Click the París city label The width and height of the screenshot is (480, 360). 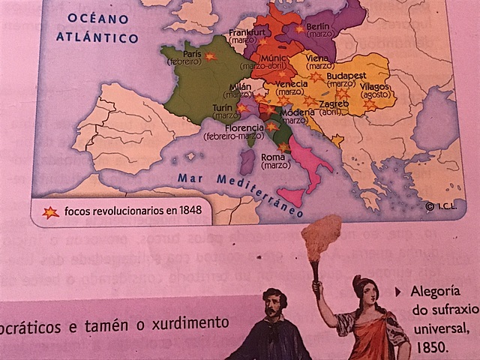(191, 54)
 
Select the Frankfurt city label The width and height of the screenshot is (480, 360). (247, 32)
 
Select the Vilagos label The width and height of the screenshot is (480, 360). (375, 87)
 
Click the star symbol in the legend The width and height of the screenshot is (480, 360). (50, 211)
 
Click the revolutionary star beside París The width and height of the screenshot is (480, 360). (210, 57)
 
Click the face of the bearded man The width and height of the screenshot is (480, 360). (274, 306)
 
